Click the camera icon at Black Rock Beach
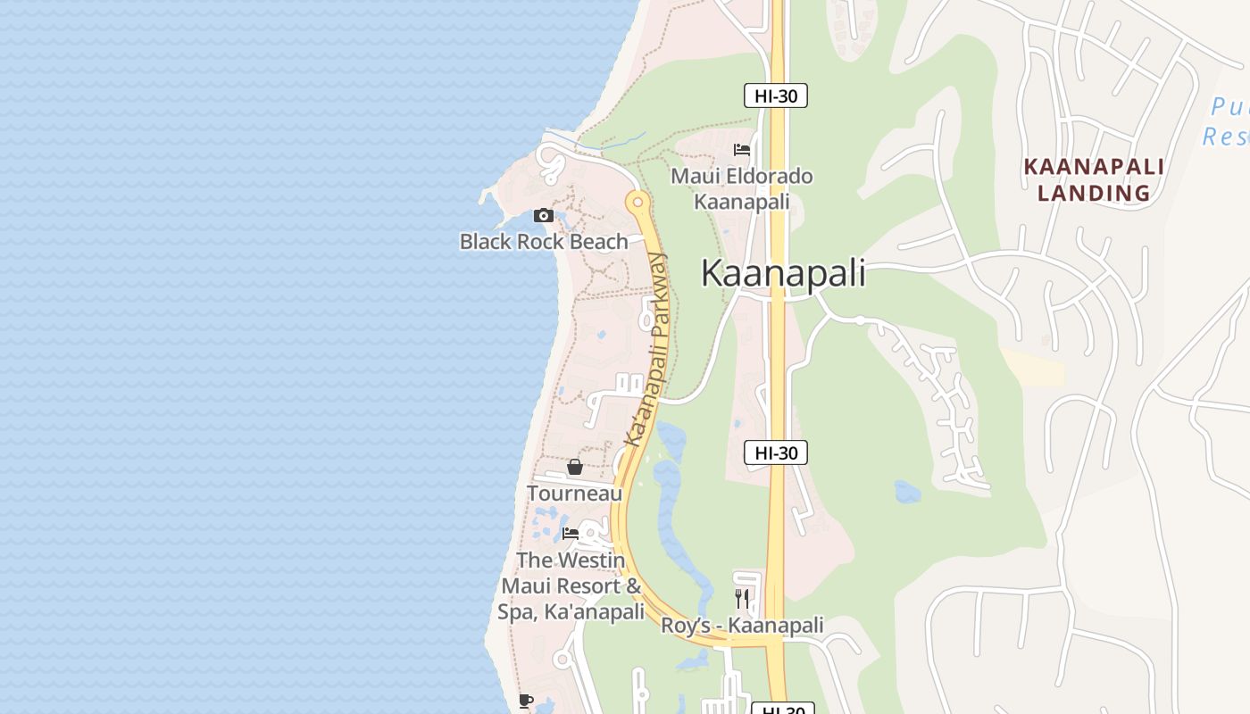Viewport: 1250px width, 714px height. click(x=543, y=216)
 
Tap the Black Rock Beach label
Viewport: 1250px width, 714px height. click(x=544, y=241)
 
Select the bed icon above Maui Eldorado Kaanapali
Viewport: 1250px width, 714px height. click(x=741, y=150)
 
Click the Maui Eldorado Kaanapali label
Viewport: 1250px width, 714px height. click(x=742, y=188)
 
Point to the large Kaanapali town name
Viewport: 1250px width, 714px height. click(x=783, y=273)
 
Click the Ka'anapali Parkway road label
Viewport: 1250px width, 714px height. click(x=646, y=350)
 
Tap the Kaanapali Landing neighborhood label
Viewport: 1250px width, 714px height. click(x=1093, y=179)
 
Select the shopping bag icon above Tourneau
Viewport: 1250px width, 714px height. click(x=575, y=467)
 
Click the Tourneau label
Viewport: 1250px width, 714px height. click(x=574, y=493)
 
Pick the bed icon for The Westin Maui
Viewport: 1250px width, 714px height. click(x=571, y=534)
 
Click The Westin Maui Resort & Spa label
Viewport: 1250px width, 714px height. click(x=571, y=585)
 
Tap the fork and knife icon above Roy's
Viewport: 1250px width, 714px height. click(x=742, y=598)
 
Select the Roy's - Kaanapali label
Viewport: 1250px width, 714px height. click(x=742, y=626)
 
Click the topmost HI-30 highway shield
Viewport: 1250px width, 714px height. click(x=776, y=95)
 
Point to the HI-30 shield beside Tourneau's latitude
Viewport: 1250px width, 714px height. click(x=776, y=452)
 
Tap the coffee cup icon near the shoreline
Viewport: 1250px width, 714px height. click(x=525, y=702)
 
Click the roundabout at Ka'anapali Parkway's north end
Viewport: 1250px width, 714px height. click(x=637, y=203)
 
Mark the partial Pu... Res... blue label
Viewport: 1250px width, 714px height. click(x=1226, y=122)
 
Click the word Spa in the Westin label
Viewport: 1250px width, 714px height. click(x=516, y=612)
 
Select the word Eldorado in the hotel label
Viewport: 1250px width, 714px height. click(x=769, y=176)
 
